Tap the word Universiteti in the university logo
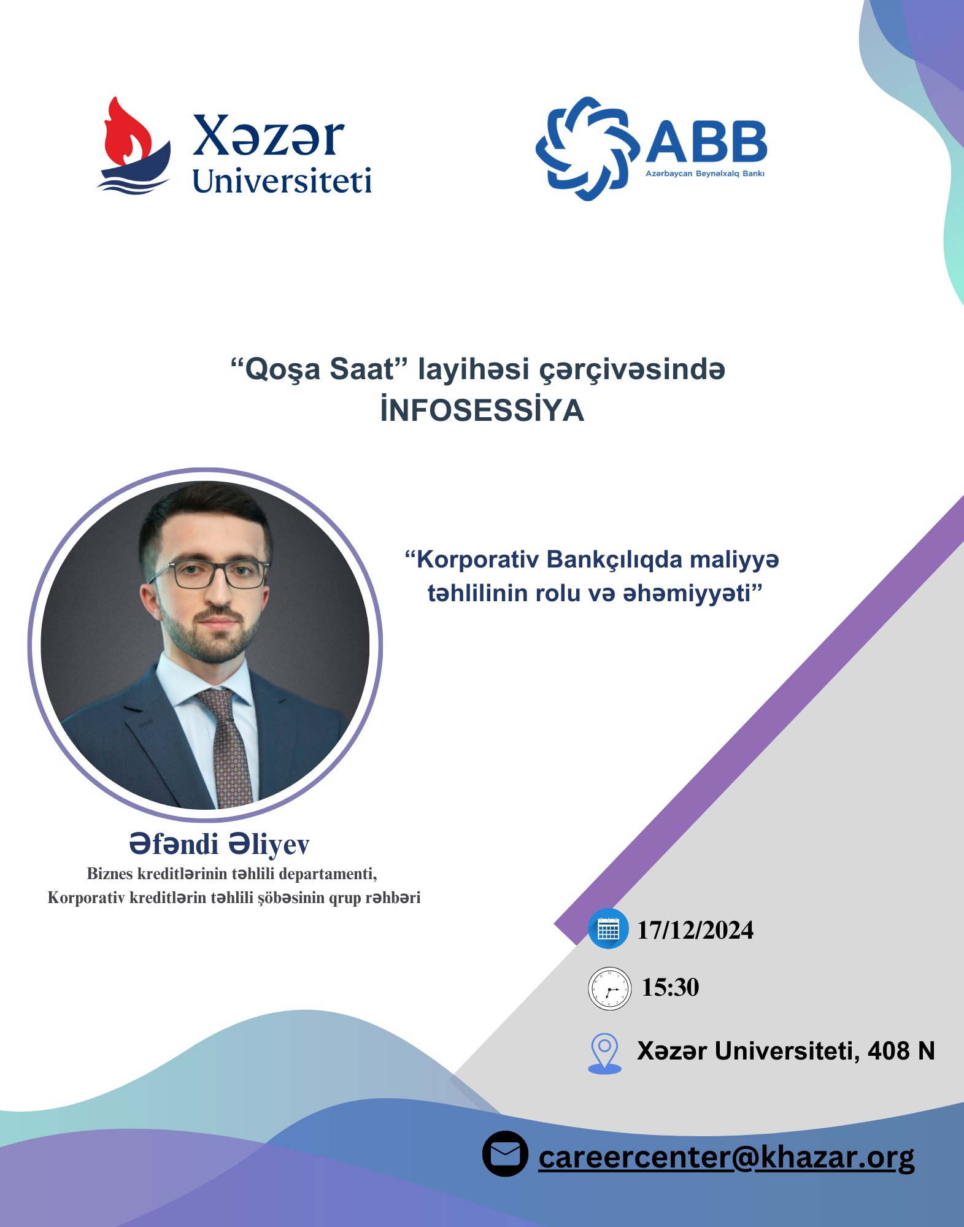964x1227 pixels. pos(282,181)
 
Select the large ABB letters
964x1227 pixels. pos(706,141)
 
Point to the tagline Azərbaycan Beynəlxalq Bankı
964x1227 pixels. pos(705,174)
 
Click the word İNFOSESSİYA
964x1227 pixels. pos(482,410)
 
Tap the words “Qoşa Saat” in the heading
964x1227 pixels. pos(319,369)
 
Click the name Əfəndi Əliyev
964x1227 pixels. pos(219,844)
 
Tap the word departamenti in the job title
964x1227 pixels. pos(328,874)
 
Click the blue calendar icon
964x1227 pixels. pos(608,928)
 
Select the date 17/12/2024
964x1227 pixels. pos(695,930)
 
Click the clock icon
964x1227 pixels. pos(609,988)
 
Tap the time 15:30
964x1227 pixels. pos(670,987)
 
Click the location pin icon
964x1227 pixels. pos(604,1053)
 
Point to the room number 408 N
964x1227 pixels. pos(901,1051)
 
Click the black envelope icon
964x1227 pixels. pos(505,1154)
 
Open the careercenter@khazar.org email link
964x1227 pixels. pos(727,1158)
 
